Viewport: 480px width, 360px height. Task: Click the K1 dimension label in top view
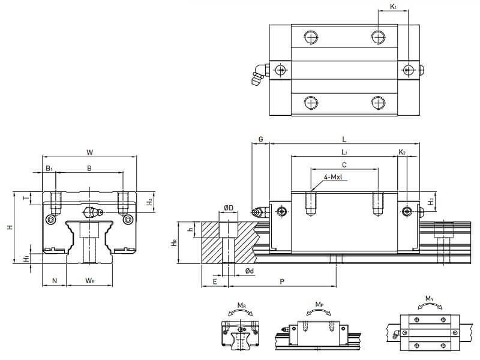(x=394, y=7)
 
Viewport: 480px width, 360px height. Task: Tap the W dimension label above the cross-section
(x=89, y=152)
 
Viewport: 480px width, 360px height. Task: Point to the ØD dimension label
(x=228, y=208)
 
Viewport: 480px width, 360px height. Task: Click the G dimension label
(x=260, y=139)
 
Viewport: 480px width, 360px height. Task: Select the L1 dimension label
(x=344, y=152)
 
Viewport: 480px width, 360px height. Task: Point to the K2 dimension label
(x=402, y=152)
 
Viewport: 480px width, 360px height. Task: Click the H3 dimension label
(x=431, y=201)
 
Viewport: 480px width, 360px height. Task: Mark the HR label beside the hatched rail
(x=174, y=242)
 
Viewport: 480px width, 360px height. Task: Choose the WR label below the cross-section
(x=89, y=281)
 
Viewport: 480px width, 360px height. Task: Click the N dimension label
(x=55, y=281)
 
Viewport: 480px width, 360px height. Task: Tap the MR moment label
(x=241, y=305)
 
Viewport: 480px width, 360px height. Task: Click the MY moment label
(x=429, y=298)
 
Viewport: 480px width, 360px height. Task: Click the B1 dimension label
(x=49, y=169)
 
